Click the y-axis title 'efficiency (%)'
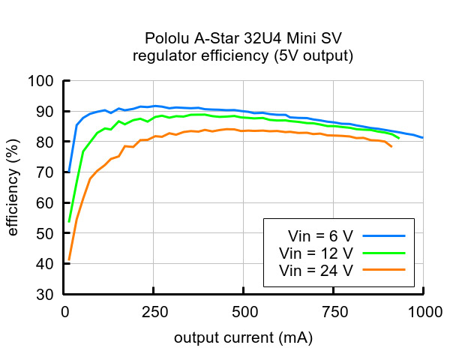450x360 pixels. pos(13,187)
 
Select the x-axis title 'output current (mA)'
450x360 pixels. pos(244,338)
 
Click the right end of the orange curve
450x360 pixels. pos(391,146)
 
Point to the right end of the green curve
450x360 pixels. pos(399,138)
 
